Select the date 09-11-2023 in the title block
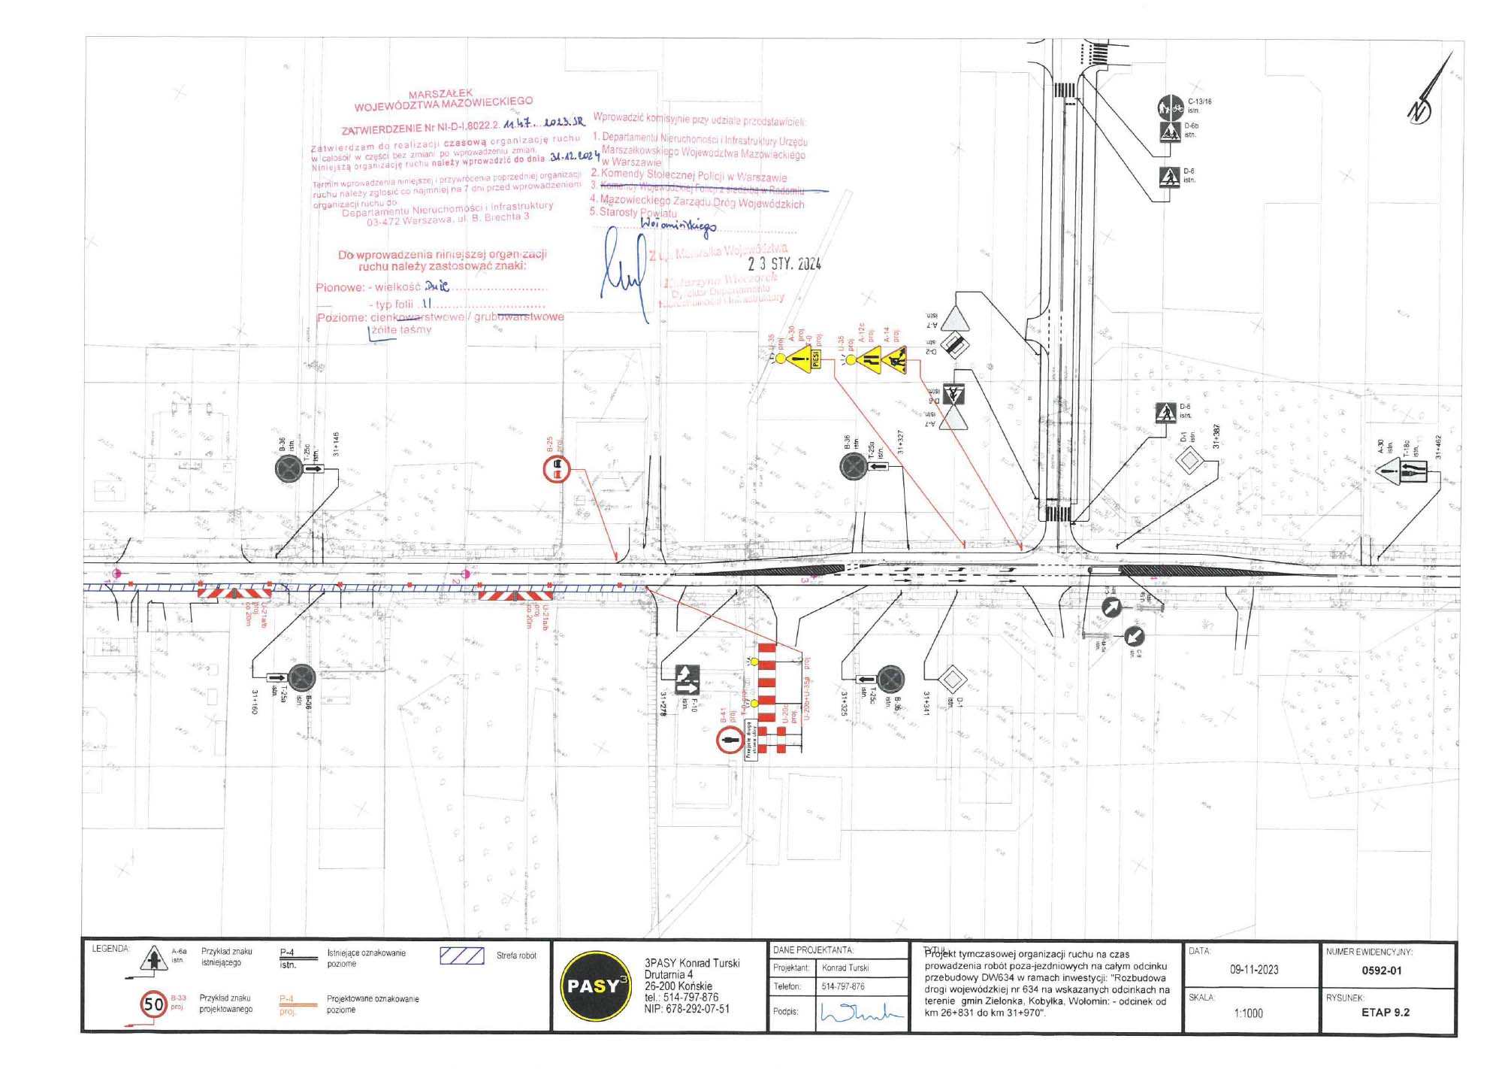coord(1254,970)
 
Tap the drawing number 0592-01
coord(1382,971)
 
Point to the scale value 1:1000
coord(1248,1013)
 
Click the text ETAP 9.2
coord(1386,1013)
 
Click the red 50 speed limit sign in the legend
coord(154,1004)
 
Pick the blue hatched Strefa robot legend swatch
coord(461,955)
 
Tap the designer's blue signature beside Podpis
coord(861,1013)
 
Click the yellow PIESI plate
coord(816,359)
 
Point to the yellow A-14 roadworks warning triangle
coord(895,359)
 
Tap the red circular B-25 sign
coord(557,470)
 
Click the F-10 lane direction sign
coord(687,680)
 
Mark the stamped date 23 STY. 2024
coord(784,264)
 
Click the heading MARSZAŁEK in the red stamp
coord(440,94)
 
